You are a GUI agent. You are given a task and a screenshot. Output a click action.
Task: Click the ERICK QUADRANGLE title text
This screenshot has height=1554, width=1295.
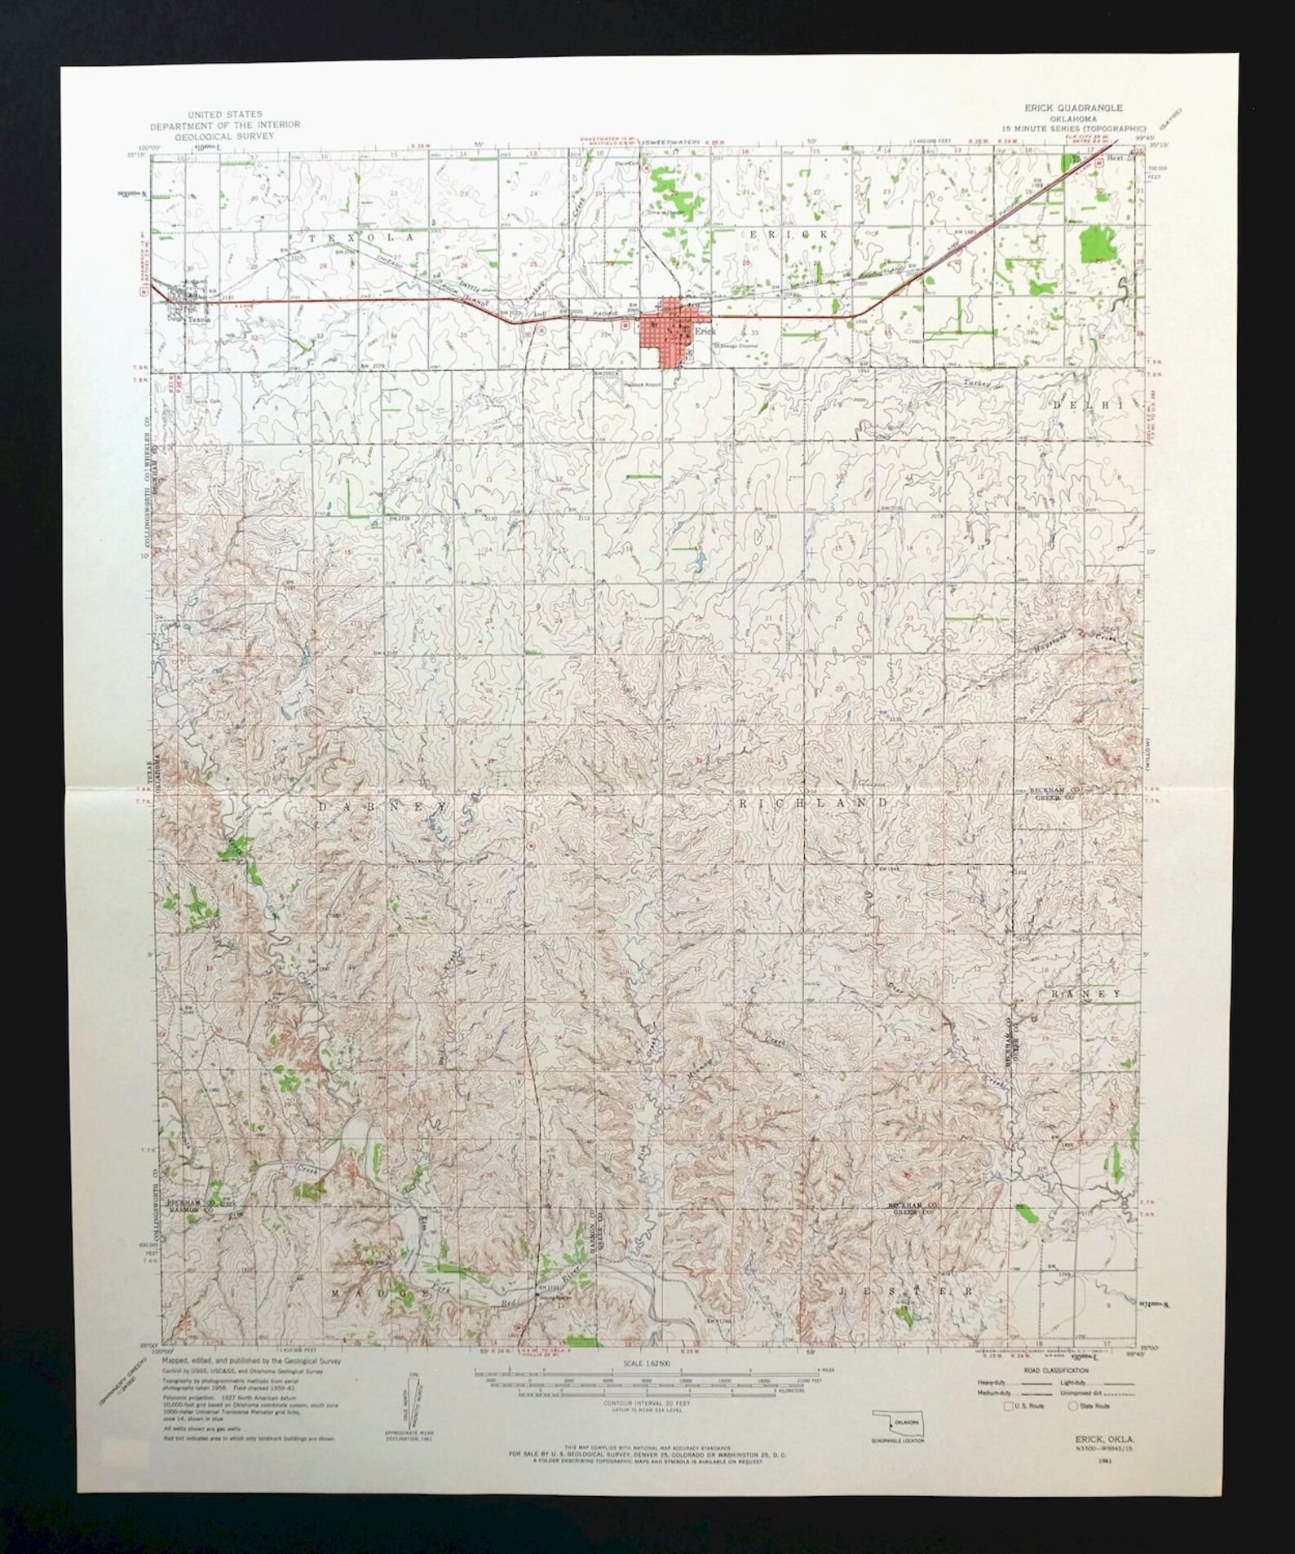pyautogui.click(x=1073, y=108)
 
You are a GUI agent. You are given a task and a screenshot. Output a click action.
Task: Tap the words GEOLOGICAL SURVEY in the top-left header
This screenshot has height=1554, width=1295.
pyautogui.click(x=224, y=135)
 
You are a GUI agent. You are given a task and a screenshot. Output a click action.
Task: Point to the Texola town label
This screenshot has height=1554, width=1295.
pyautogui.click(x=199, y=320)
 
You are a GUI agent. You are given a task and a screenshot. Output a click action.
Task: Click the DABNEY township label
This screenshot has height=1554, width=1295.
pyautogui.click(x=383, y=806)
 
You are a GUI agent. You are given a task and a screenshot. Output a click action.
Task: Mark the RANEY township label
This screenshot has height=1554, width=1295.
pyautogui.click(x=1086, y=994)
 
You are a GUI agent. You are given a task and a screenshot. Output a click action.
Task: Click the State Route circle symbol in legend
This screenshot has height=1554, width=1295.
pyautogui.click(x=1073, y=1406)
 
